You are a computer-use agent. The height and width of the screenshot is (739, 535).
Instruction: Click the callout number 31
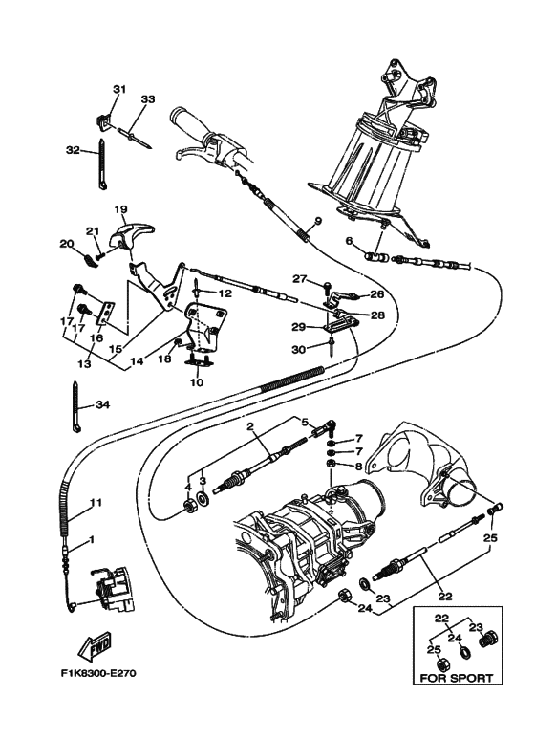pos(119,89)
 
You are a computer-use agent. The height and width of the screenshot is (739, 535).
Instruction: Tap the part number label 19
pos(121,208)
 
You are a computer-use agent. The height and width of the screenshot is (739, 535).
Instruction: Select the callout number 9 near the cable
pos(318,222)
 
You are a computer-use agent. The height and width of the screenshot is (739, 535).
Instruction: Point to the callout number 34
pos(102,404)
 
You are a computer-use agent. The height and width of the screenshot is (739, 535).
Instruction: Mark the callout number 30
pos(298,350)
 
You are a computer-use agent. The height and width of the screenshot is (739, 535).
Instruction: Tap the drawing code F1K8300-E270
pos(97,672)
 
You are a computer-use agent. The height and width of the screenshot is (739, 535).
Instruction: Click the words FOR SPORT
pos(454,679)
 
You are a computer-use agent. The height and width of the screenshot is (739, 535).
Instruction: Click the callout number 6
pos(349,240)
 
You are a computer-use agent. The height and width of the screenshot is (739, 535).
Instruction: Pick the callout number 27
pos(298,278)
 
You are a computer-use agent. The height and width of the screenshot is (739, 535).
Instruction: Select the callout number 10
pos(198,382)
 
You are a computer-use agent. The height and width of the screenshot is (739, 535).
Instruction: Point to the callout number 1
pos(91,541)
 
